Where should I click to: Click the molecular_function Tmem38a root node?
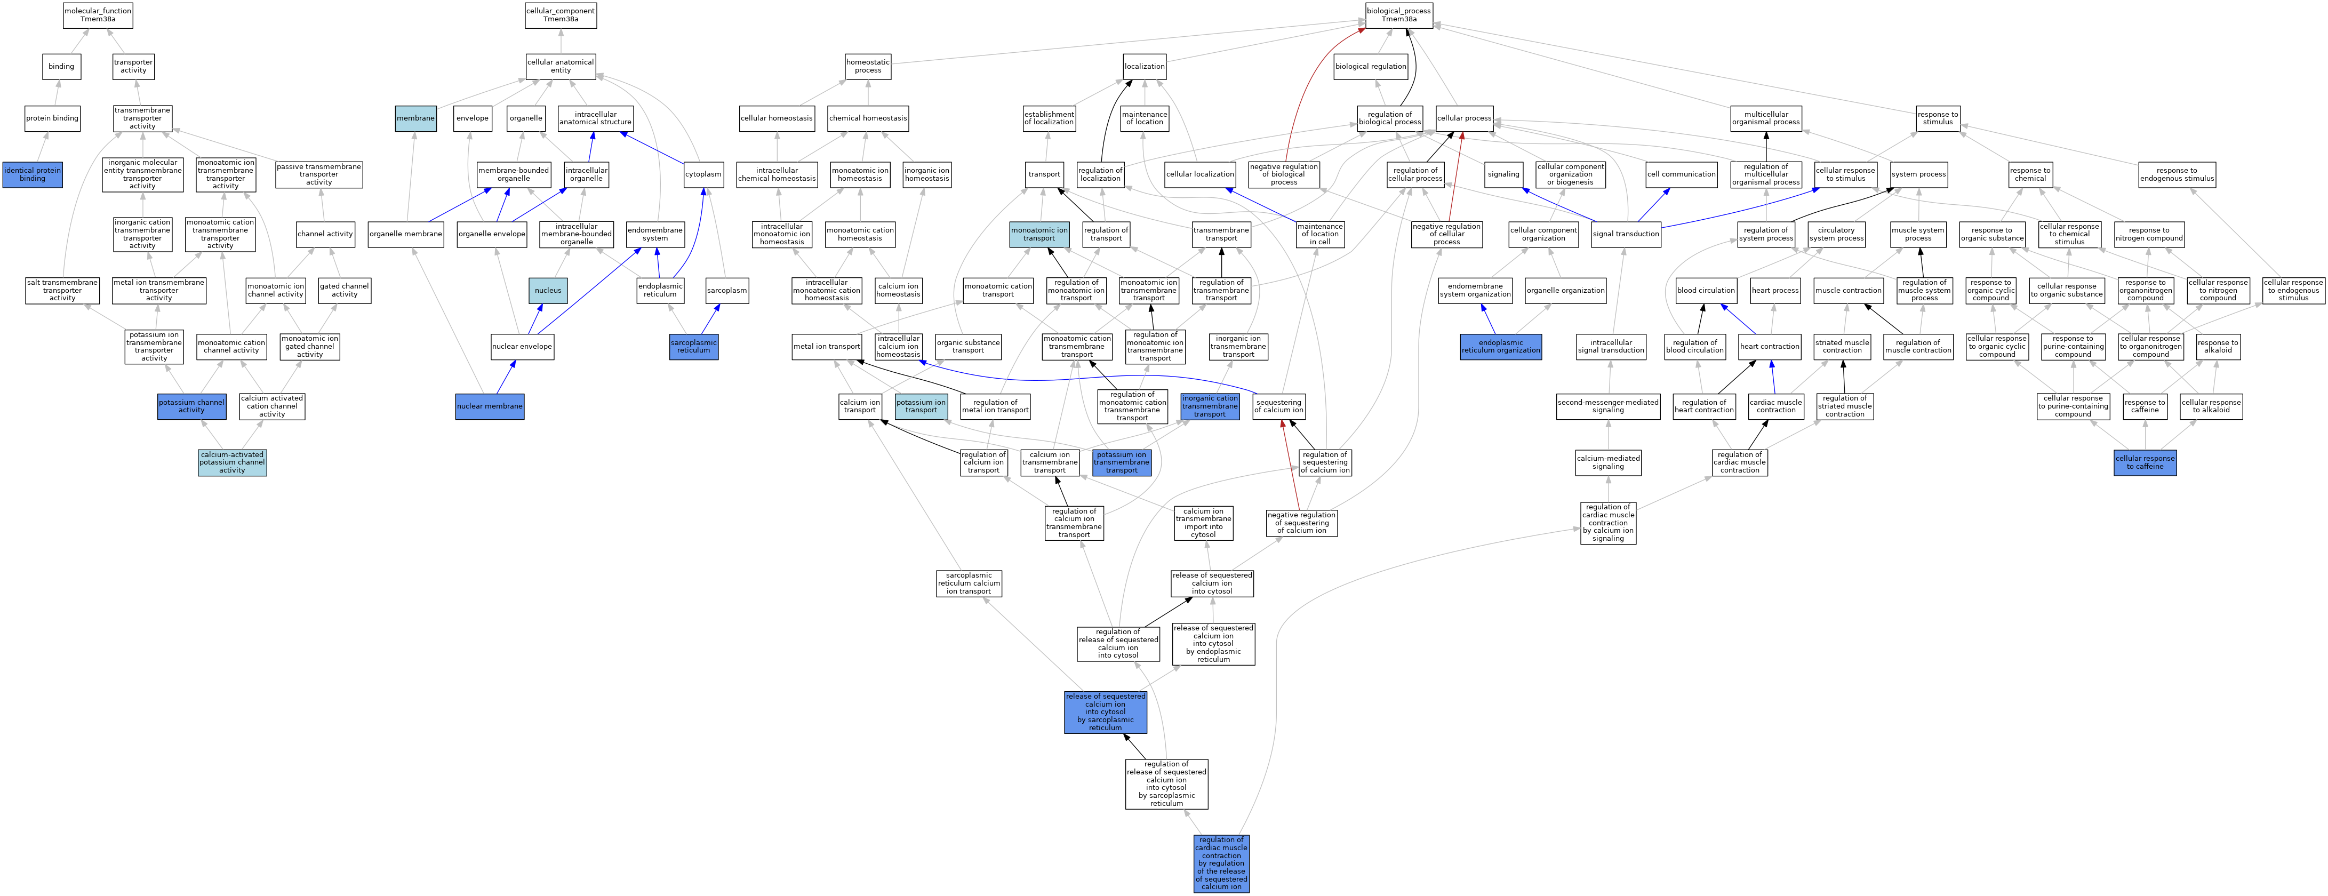(x=98, y=15)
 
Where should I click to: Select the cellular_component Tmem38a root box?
(x=561, y=15)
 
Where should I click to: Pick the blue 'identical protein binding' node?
(x=33, y=174)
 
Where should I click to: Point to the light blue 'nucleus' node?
(x=548, y=290)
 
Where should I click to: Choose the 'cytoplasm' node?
(x=703, y=174)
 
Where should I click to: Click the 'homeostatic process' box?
(x=868, y=67)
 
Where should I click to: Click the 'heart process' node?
(x=1775, y=290)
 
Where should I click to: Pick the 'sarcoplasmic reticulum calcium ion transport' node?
(x=969, y=583)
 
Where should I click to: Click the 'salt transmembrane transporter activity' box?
(x=62, y=290)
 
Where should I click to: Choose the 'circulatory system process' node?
(x=1836, y=234)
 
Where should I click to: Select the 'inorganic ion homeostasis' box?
(x=926, y=174)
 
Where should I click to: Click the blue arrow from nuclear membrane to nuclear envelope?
(x=505, y=378)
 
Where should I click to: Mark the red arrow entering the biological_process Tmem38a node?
(x=1307, y=91)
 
